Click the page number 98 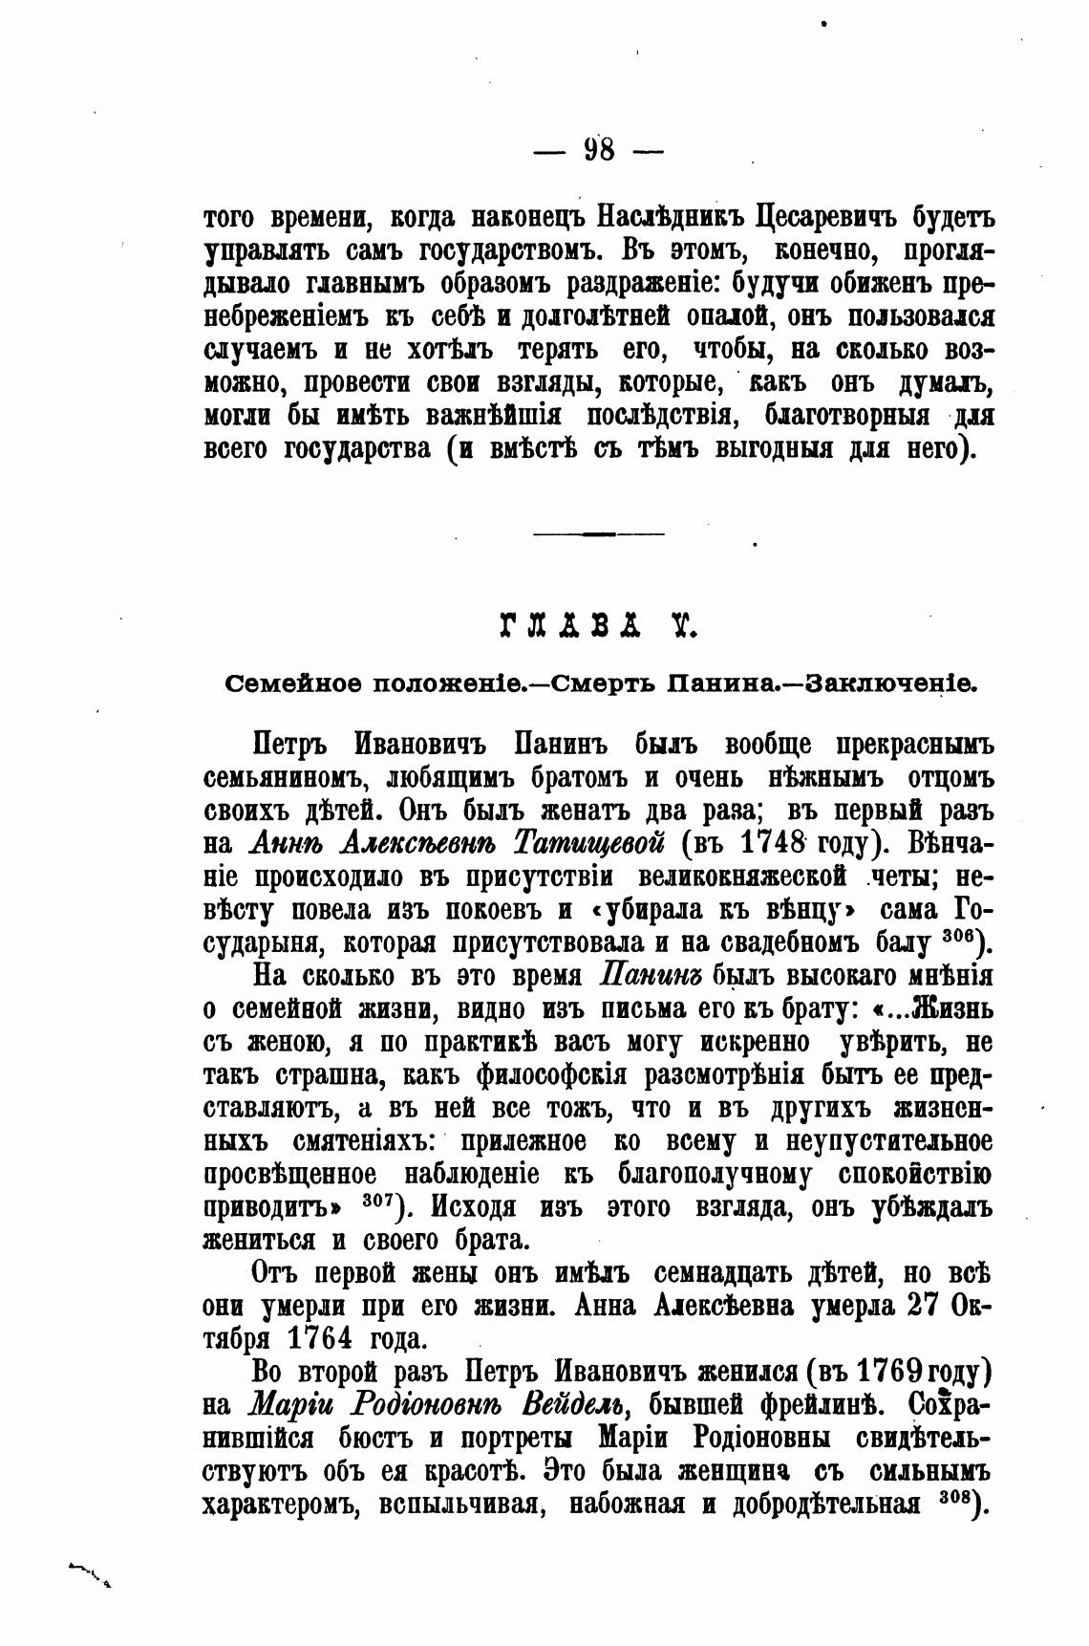pos(599,150)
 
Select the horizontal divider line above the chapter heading pos(598,532)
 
